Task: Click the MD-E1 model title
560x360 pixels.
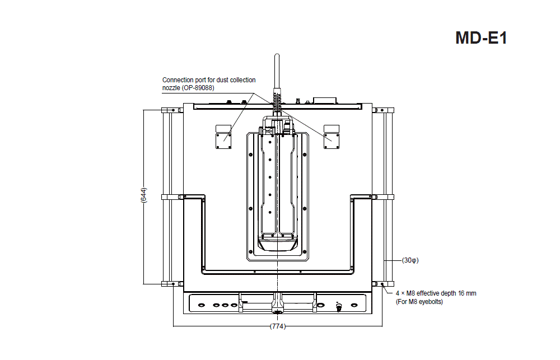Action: [481, 38]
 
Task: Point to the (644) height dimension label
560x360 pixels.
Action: [143, 195]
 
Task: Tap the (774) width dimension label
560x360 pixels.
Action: [278, 326]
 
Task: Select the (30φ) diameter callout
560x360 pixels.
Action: [410, 260]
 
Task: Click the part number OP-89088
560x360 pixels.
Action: [199, 88]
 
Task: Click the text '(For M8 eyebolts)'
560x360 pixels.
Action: [419, 302]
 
